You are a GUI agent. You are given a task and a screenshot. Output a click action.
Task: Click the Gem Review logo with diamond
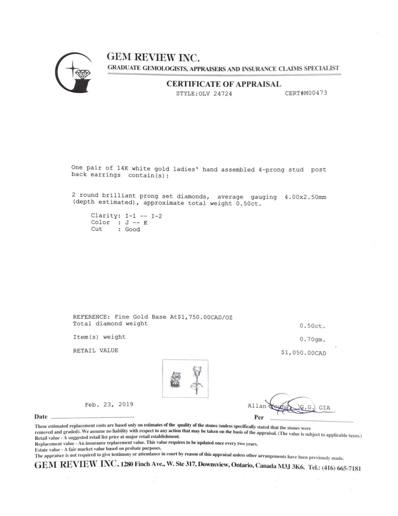pyautogui.click(x=74, y=73)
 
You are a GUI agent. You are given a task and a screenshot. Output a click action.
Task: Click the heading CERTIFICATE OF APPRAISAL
pyautogui.click(x=224, y=84)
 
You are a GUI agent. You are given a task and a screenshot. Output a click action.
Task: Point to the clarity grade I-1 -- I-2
pyautogui.click(x=141, y=216)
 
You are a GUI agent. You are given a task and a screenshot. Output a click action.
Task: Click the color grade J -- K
pyautogui.click(x=136, y=223)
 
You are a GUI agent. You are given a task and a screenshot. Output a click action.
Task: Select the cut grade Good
pyautogui.click(x=132, y=230)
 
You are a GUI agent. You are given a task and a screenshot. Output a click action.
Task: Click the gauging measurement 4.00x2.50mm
pyautogui.click(x=305, y=197)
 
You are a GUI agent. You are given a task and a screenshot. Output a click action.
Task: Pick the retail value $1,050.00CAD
pyautogui.click(x=303, y=353)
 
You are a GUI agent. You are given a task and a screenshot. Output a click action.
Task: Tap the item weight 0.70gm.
pyautogui.click(x=312, y=339)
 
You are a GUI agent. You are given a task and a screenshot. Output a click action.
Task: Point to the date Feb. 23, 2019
pyautogui.click(x=109, y=404)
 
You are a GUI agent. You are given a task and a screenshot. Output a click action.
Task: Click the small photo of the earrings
pyautogui.click(x=185, y=379)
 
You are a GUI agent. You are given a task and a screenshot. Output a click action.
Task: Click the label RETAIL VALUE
pyautogui.click(x=96, y=351)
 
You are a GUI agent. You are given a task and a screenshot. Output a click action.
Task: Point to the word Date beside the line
pyautogui.click(x=41, y=417)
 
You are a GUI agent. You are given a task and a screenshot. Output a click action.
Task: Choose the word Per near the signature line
pyautogui.click(x=259, y=417)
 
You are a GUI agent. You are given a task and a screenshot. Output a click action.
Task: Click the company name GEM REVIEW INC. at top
pyautogui.click(x=153, y=57)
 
